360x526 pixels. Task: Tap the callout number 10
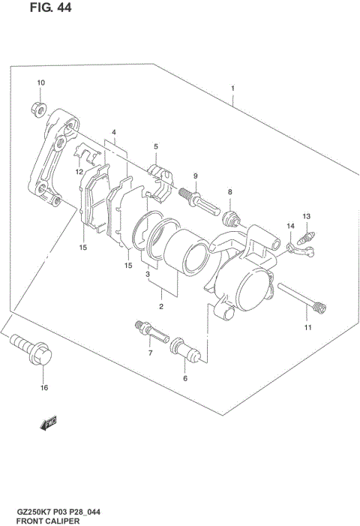(x=40, y=83)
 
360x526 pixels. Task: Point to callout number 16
(x=43, y=388)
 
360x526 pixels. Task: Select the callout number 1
(x=232, y=89)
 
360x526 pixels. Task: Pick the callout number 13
(x=306, y=217)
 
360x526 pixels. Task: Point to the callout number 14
(x=289, y=226)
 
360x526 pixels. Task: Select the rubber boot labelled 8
(x=232, y=218)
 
